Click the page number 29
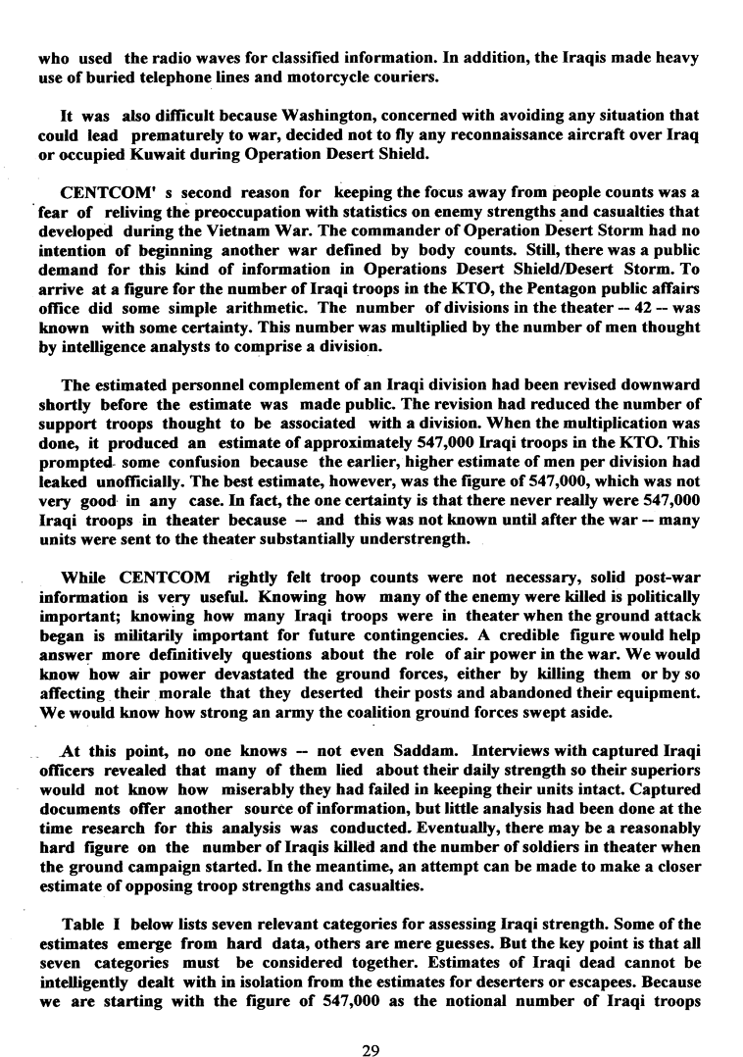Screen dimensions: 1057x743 pos(371,1024)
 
